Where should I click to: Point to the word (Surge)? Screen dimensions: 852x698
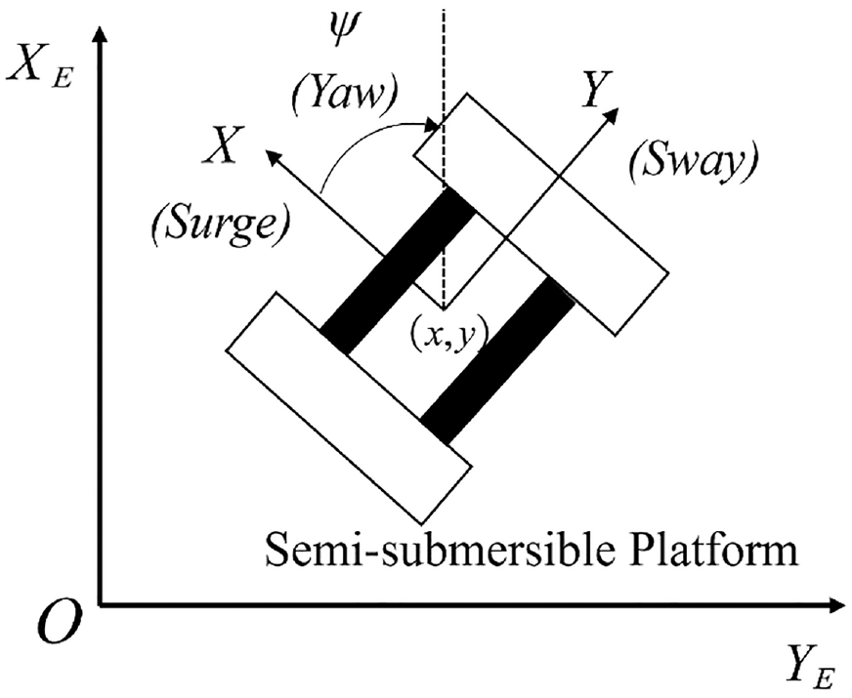click(220, 225)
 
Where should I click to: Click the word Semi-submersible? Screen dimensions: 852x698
click(439, 551)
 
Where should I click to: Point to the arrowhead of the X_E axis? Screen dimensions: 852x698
click(100, 36)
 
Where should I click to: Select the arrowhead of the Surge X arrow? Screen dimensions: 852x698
click(274, 158)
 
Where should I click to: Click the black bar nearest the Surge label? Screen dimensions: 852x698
click(398, 271)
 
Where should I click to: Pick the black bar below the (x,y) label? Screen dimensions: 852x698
click(498, 360)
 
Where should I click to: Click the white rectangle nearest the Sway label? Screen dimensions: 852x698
click(541, 215)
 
